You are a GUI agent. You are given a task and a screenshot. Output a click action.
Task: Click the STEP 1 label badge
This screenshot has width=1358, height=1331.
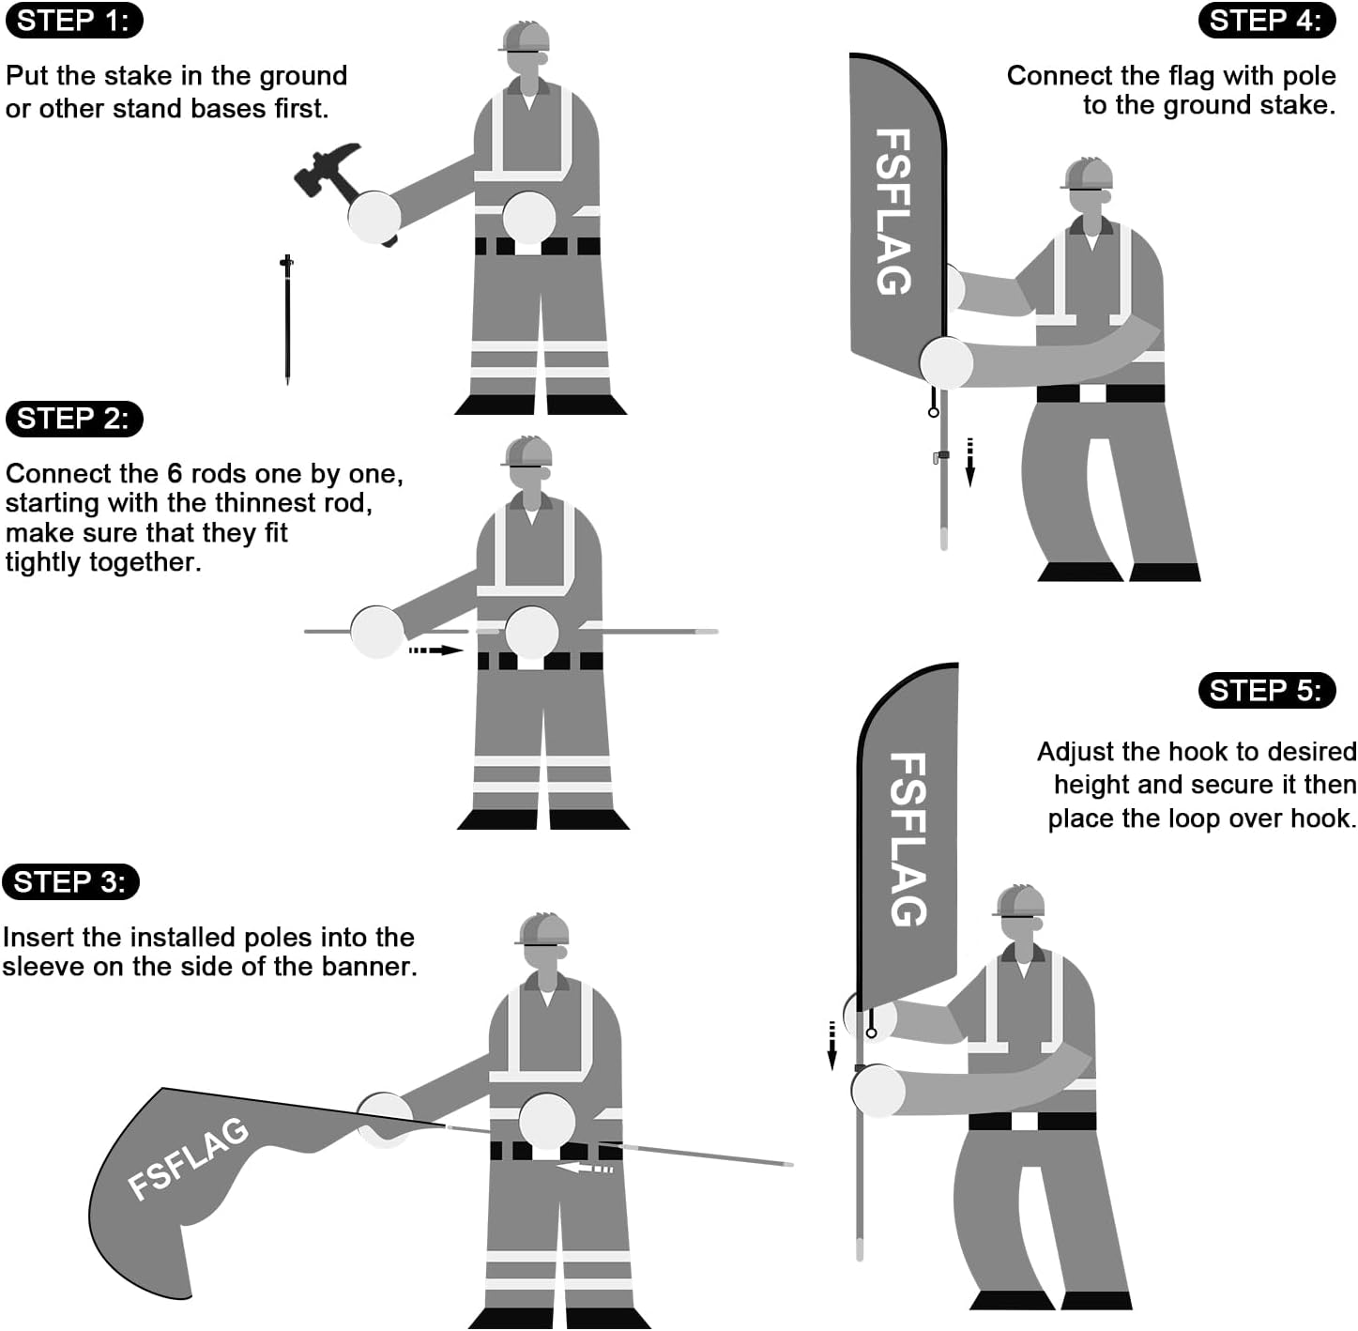point(73,21)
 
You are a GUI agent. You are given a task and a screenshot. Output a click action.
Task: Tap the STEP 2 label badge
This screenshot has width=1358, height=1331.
point(73,419)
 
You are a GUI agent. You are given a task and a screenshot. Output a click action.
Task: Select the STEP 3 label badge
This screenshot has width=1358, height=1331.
point(70,882)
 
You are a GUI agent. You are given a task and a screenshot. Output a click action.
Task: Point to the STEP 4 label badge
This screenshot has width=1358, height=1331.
point(1266,21)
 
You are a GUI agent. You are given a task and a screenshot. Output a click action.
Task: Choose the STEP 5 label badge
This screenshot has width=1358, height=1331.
point(1266,691)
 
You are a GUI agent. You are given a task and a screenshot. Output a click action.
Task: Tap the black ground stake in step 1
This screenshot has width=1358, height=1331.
point(287,319)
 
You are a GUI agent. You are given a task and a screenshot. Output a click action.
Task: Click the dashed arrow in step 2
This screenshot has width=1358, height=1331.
point(435,650)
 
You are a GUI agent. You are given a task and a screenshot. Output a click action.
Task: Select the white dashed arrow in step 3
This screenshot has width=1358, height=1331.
point(585,1169)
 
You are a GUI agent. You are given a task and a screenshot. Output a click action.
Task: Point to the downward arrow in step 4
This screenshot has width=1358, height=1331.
point(970,461)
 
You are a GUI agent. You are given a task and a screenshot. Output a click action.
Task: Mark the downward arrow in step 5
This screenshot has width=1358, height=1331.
point(832,1045)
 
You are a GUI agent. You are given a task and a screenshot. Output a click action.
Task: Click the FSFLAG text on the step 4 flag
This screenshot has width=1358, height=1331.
point(893,212)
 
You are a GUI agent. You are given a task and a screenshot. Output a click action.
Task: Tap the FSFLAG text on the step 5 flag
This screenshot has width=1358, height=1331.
point(908,839)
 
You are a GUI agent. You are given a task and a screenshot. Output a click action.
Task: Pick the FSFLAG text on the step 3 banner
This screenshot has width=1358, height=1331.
point(189,1158)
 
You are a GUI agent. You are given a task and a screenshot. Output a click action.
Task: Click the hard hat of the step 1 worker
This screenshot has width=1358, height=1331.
point(525,37)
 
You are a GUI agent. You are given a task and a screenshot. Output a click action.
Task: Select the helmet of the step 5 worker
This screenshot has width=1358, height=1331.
point(1020,901)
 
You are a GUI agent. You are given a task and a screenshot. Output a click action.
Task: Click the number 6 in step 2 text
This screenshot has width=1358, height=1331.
point(174,474)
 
